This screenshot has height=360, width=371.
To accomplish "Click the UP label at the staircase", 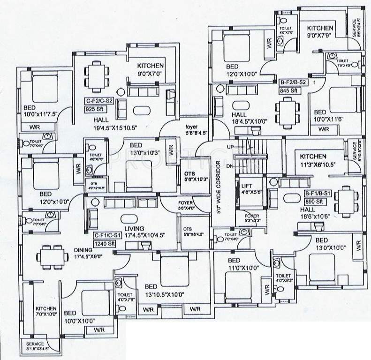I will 230,147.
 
